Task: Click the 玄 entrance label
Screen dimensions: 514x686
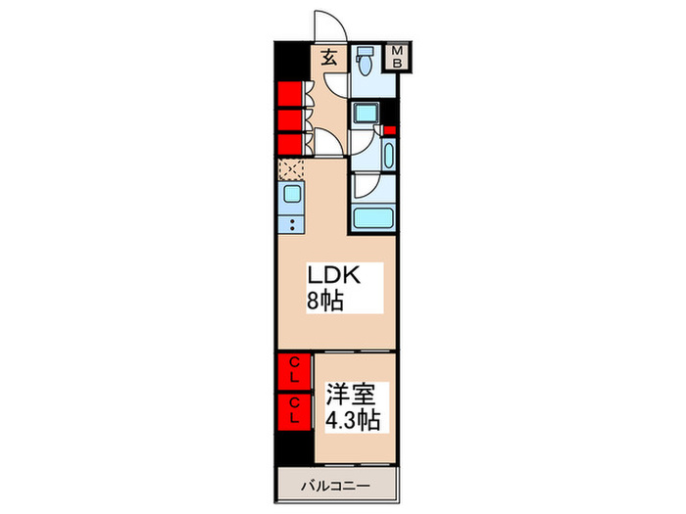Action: pyautogui.click(x=328, y=58)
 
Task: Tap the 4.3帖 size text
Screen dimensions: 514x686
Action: pyautogui.click(x=353, y=420)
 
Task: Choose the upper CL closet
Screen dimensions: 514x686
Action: pyautogui.click(x=293, y=371)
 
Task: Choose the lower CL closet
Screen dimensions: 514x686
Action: pyautogui.click(x=293, y=409)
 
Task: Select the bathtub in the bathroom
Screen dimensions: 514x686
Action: pyautogui.click(x=373, y=217)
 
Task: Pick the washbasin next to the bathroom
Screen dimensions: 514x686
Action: pyautogui.click(x=387, y=155)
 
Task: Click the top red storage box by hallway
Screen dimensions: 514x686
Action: pyautogui.click(x=289, y=95)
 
